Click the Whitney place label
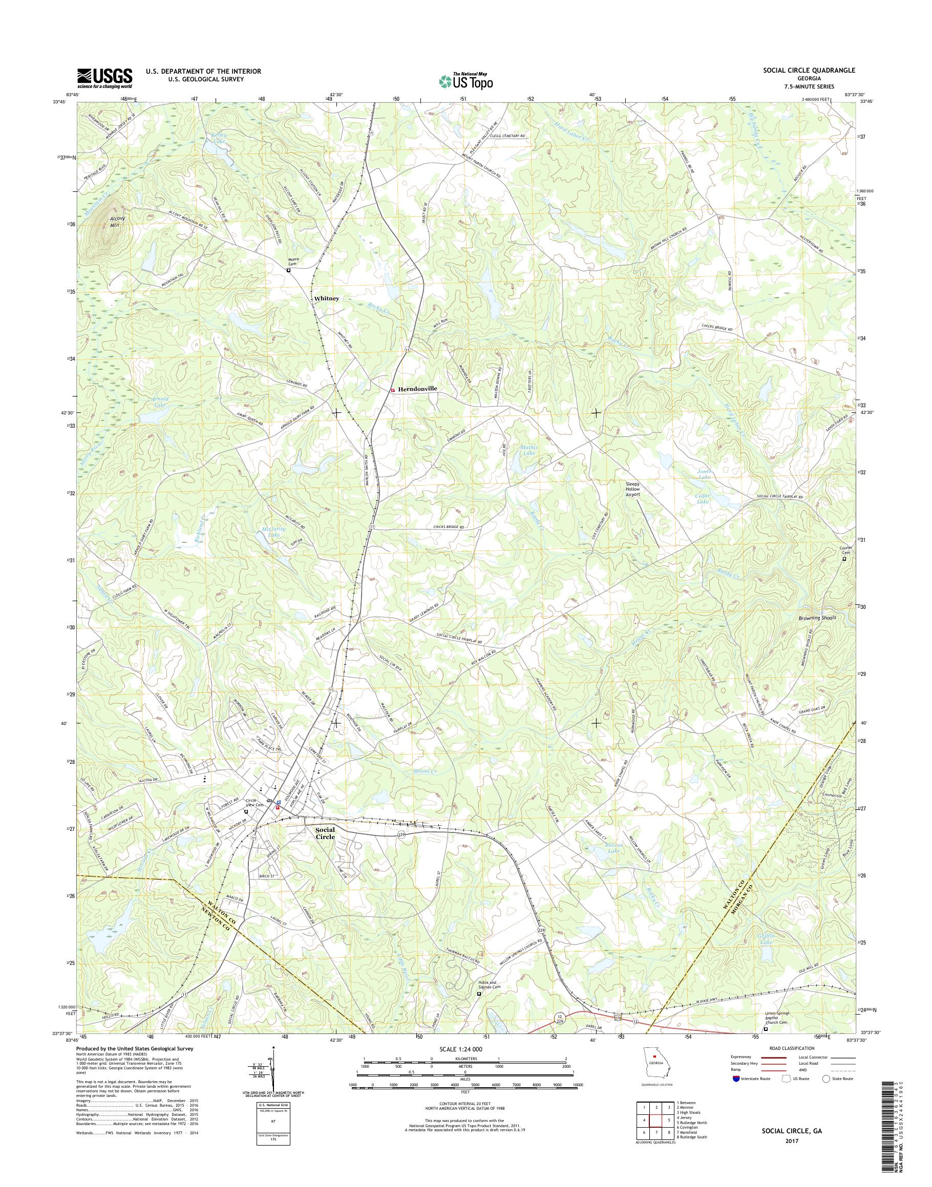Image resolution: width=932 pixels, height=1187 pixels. [x=326, y=299]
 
